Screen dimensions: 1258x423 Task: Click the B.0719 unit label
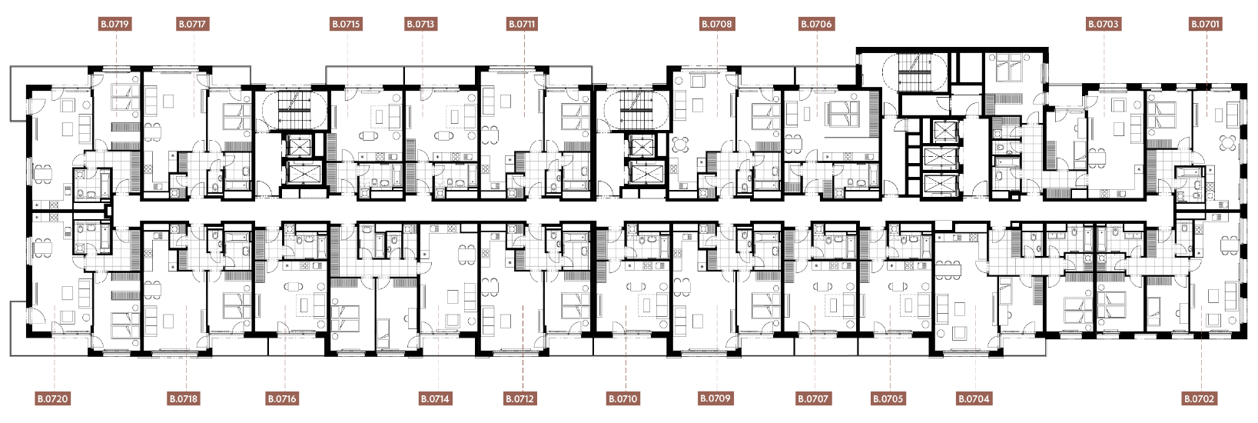point(115,24)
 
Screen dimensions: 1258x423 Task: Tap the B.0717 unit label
point(193,24)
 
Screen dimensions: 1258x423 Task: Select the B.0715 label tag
point(346,24)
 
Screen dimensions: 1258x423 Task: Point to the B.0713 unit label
point(421,24)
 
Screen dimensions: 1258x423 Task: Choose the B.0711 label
point(523,24)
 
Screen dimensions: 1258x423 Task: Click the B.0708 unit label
point(717,24)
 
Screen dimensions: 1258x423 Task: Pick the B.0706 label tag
point(817,24)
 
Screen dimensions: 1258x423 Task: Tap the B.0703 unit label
point(1104,24)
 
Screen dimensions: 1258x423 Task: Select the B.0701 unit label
point(1206,24)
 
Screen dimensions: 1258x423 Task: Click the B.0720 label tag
point(53,399)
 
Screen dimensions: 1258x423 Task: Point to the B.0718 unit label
point(184,399)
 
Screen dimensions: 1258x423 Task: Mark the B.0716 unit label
point(282,399)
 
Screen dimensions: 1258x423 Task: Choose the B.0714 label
point(435,399)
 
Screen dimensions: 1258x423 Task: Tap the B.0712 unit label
point(520,399)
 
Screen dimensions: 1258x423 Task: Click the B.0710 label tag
point(623,399)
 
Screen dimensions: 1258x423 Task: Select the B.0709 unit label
point(715,398)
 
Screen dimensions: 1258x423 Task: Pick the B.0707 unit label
point(813,399)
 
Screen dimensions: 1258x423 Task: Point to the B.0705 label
point(888,399)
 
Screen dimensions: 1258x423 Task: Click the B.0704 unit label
point(974,399)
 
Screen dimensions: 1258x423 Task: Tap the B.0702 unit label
point(1200,399)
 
